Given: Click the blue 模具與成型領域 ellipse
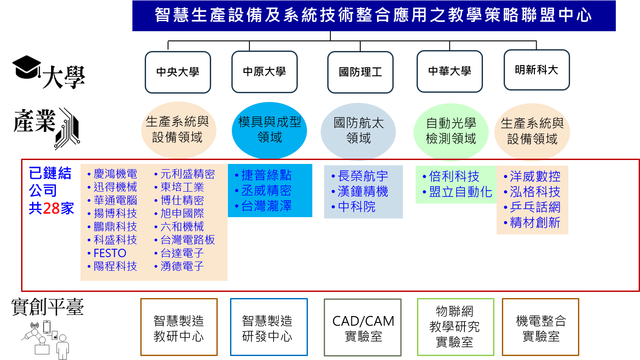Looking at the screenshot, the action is tap(269, 131).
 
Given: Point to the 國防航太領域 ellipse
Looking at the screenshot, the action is tap(358, 131).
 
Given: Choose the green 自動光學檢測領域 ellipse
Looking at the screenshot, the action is tap(451, 131).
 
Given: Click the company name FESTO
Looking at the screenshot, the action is tap(110, 253).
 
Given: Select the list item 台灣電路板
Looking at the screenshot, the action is tap(187, 240).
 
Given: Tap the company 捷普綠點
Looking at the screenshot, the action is tap(266, 175).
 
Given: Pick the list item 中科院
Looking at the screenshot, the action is tap(357, 207).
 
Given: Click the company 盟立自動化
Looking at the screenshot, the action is tap(460, 192).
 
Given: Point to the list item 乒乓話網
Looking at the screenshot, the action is tap(535, 207).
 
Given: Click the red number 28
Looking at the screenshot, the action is tap(51, 208).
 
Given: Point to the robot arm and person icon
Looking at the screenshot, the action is tap(45, 340).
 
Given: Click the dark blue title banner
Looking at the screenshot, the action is tap(374, 16).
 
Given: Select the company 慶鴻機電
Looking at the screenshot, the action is tap(115, 174).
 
